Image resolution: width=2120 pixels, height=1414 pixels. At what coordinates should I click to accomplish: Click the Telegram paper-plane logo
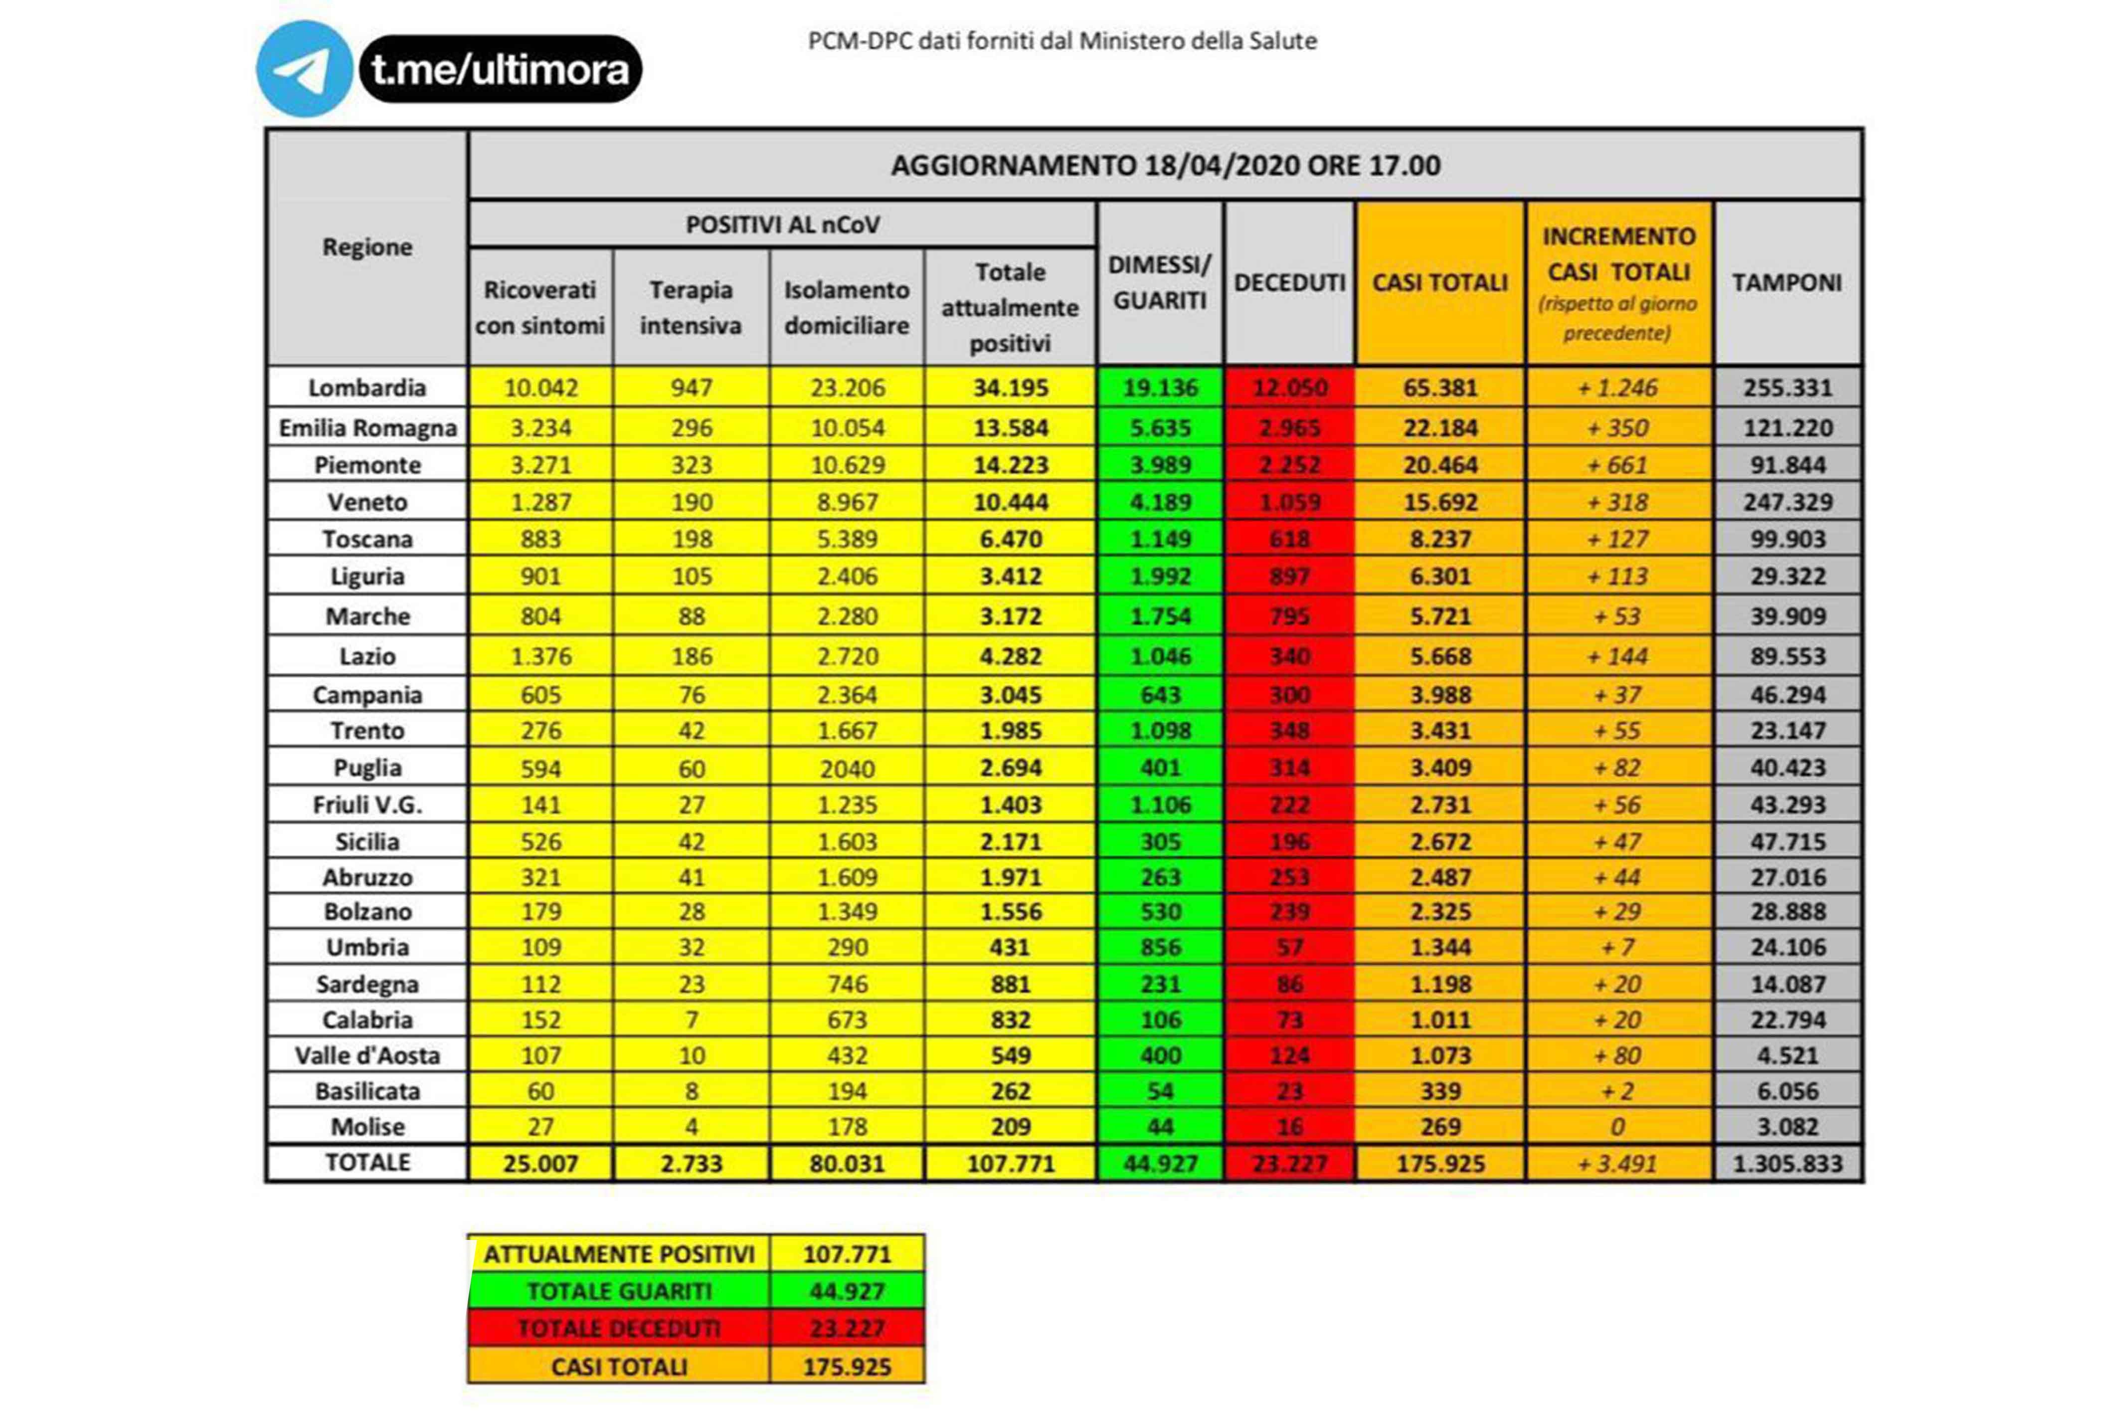(x=304, y=69)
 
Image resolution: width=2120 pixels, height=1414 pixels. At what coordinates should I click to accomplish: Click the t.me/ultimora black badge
(x=500, y=69)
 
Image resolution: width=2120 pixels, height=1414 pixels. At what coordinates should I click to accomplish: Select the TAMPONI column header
(x=1786, y=282)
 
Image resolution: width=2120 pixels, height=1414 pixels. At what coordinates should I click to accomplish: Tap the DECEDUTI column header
(x=1289, y=282)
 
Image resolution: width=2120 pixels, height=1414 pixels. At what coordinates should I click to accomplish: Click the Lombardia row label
(x=367, y=388)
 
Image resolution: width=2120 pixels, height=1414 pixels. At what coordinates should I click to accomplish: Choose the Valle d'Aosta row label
(x=367, y=1055)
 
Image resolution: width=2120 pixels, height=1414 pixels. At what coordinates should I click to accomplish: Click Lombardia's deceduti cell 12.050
(x=1289, y=388)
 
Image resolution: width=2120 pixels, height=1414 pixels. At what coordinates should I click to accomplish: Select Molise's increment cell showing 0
(x=1618, y=1126)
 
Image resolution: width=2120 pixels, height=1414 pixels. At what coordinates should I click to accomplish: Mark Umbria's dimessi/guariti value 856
(x=1160, y=947)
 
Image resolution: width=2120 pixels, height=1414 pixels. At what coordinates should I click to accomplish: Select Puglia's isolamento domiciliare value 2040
(x=847, y=768)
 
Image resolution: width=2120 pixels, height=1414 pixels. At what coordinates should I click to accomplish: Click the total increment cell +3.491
(x=1618, y=1163)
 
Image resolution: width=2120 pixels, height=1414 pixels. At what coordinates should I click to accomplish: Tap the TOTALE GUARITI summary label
(x=619, y=1291)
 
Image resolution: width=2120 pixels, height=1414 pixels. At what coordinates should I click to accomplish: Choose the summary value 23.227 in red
(x=847, y=1328)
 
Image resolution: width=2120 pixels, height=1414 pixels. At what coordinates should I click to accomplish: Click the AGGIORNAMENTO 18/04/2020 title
(x=1165, y=165)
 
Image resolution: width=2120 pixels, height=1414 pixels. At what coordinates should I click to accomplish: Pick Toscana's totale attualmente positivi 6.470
(x=1011, y=539)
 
